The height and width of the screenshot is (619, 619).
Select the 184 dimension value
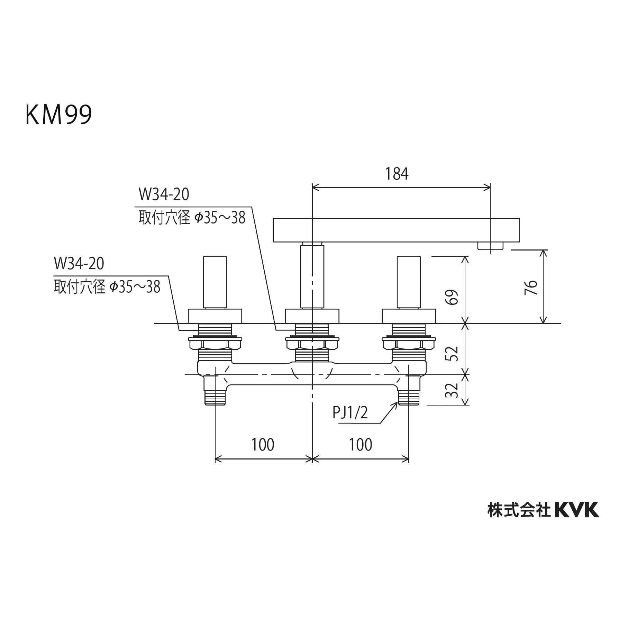click(x=397, y=174)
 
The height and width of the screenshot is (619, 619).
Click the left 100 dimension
click(x=263, y=445)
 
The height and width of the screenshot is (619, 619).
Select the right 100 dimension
click(x=361, y=445)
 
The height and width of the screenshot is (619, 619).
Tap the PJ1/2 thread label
click(x=350, y=413)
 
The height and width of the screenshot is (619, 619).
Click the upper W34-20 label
click(x=164, y=194)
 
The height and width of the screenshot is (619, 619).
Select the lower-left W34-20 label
click(x=79, y=264)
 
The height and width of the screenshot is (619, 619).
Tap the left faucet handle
click(x=215, y=282)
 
